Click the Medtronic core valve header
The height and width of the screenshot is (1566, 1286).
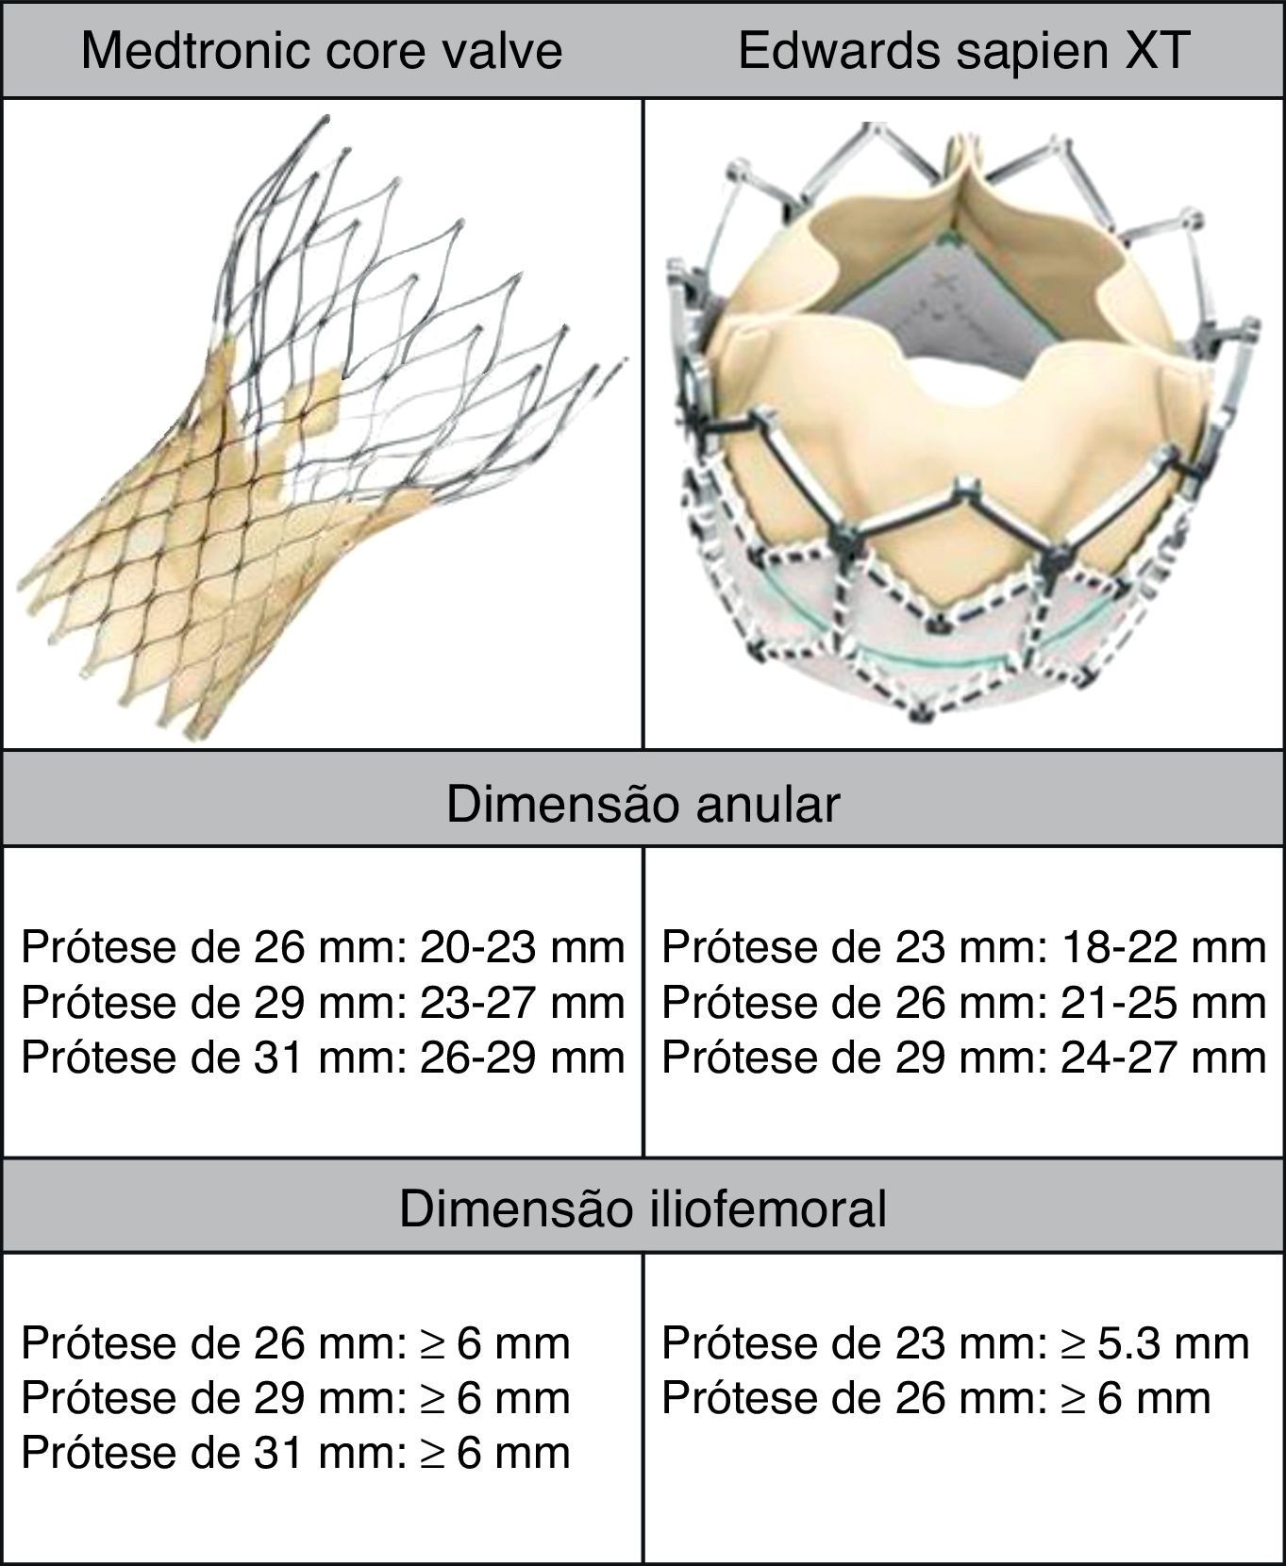321,50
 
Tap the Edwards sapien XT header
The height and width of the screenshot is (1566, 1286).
962,50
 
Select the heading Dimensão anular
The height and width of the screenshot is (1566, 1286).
643,804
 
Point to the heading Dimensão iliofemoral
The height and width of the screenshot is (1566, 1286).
643,1208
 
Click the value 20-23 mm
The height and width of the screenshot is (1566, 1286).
522,947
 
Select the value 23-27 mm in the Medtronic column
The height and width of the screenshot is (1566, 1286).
522,1002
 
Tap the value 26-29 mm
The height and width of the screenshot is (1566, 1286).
522,1057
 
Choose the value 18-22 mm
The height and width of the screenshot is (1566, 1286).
1162,947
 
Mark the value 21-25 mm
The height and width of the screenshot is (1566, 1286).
1162,1002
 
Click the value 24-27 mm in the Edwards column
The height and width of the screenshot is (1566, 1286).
1162,1057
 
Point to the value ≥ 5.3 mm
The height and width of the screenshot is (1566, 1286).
1155,1343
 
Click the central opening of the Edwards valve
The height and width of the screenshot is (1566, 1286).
953,387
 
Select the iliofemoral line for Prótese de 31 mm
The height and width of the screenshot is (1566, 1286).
295,1453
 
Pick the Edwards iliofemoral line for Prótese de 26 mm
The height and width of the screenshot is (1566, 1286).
936,1398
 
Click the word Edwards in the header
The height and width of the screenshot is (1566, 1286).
837,50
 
